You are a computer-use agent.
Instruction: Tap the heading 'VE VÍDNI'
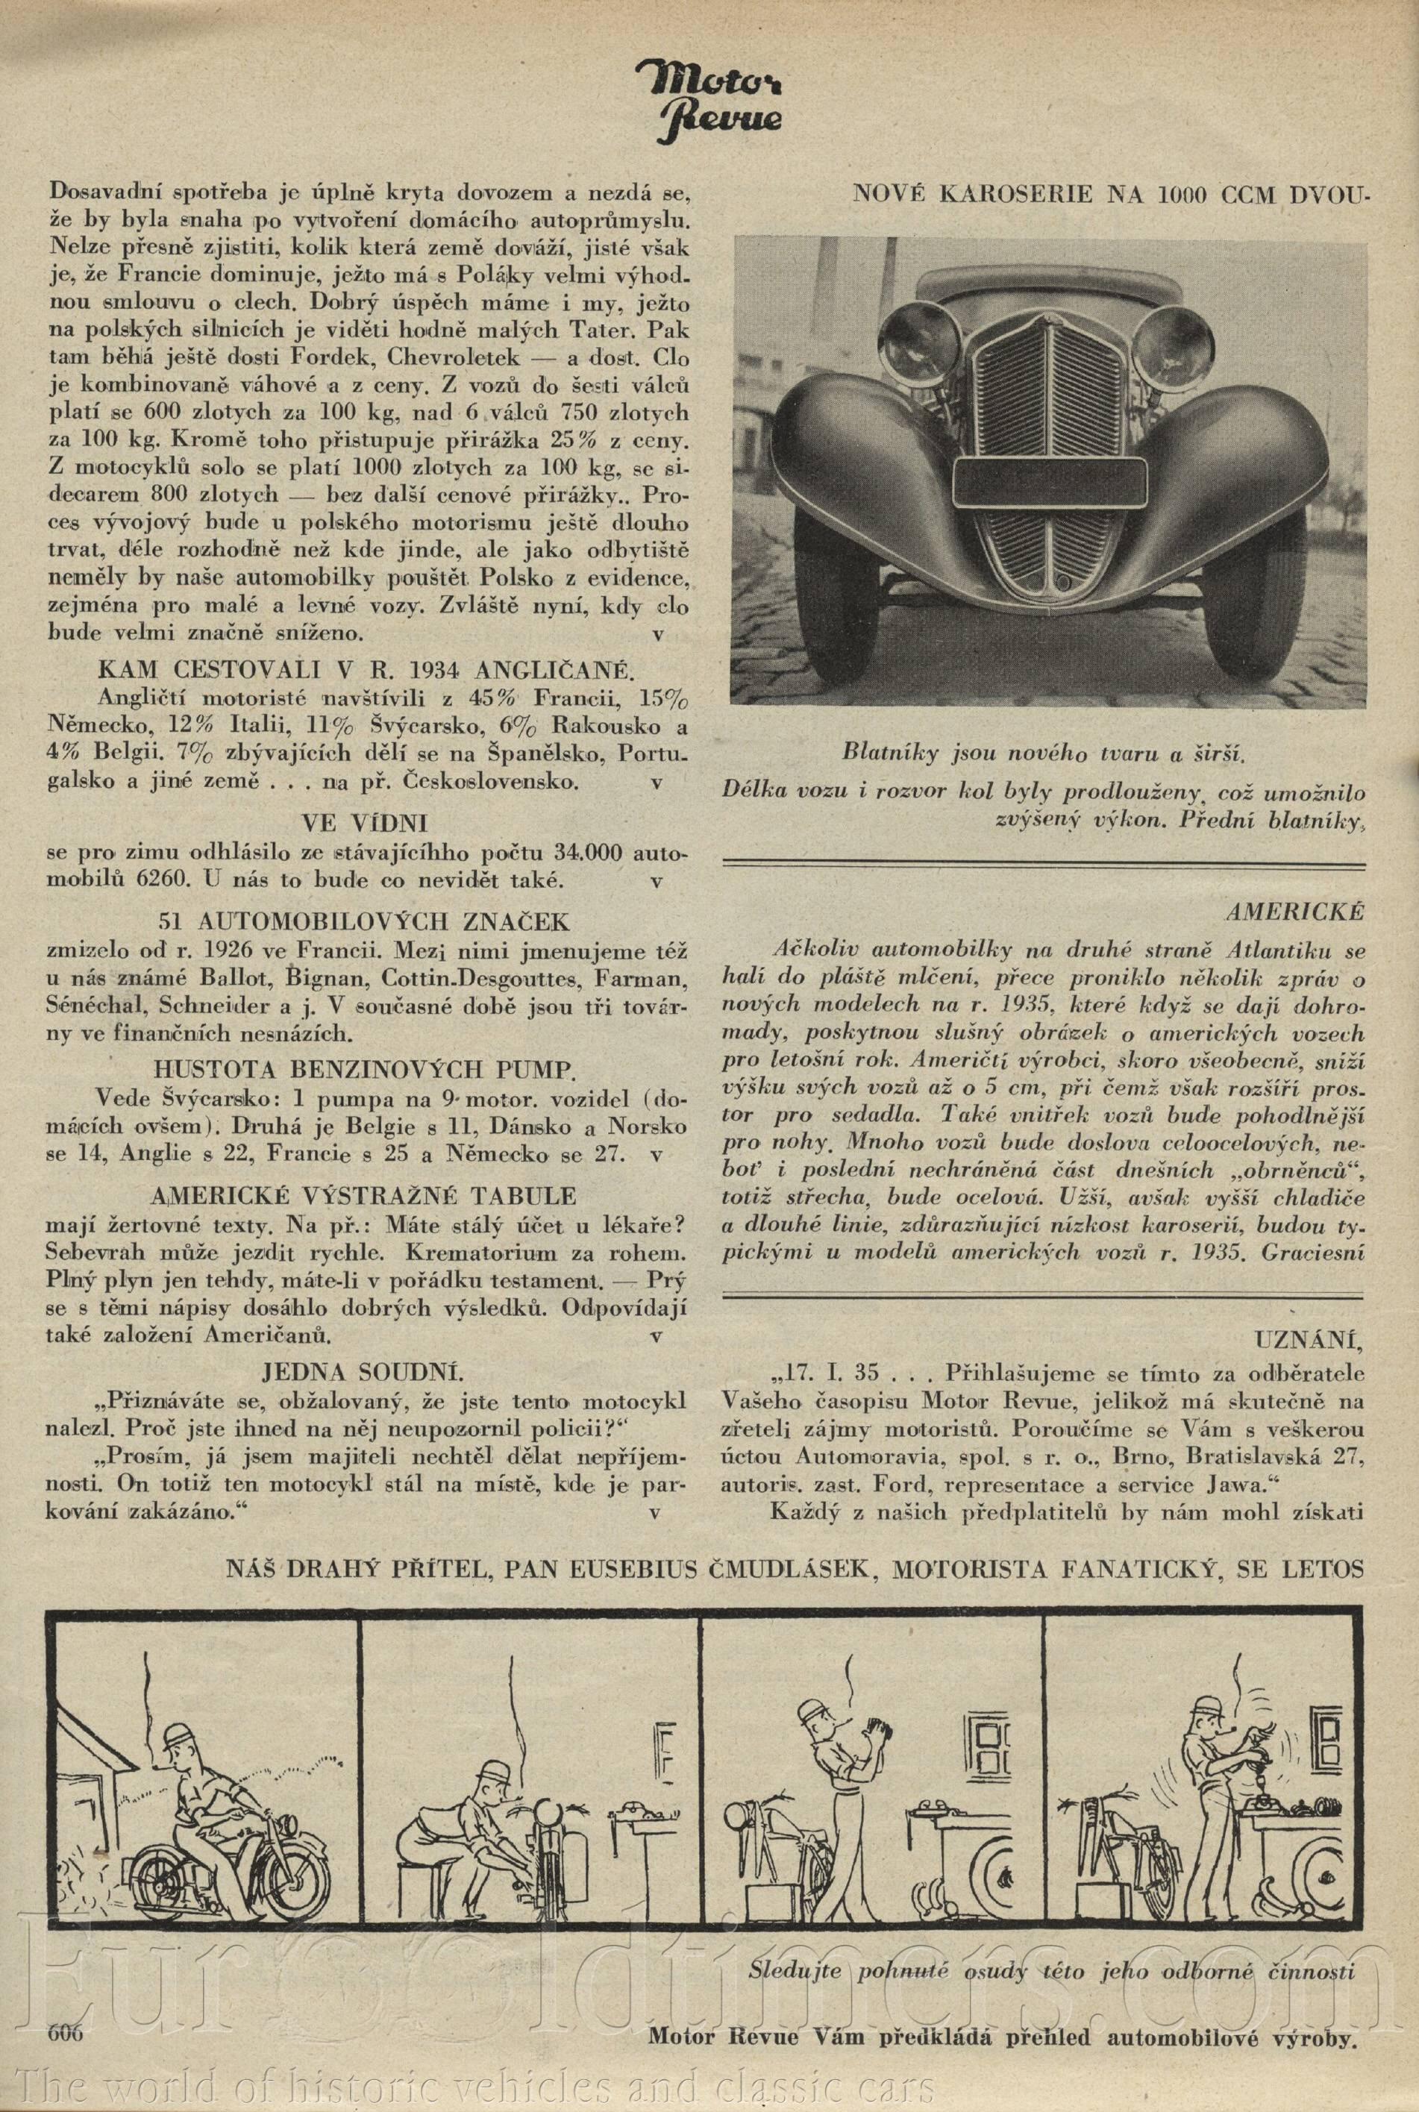[363, 824]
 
